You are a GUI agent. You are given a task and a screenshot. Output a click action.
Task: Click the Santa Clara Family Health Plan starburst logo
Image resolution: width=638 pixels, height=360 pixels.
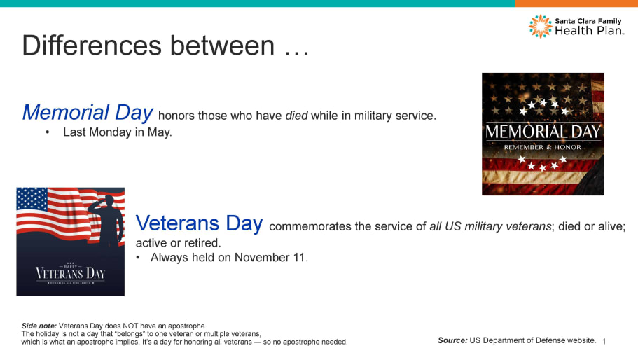(x=541, y=27)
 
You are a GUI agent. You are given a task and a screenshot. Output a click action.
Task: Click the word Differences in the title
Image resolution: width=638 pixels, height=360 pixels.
(x=92, y=45)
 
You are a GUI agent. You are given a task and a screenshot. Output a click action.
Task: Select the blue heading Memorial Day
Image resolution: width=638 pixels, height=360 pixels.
(x=88, y=113)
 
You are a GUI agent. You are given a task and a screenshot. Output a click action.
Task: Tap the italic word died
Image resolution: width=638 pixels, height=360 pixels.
(x=296, y=116)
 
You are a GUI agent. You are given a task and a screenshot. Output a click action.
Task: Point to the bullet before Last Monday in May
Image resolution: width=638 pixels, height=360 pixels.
(x=48, y=132)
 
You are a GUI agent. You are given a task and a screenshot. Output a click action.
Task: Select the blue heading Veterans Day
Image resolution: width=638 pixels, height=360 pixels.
(x=199, y=223)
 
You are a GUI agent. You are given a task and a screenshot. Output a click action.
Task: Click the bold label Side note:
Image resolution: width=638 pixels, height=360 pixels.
(x=39, y=326)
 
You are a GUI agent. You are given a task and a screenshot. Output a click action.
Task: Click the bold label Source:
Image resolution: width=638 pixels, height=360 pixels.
(x=452, y=340)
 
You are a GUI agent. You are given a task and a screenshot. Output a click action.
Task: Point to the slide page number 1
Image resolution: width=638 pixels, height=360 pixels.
(x=604, y=342)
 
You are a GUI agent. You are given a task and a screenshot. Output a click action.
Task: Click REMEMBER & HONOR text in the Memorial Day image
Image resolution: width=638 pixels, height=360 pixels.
(x=543, y=147)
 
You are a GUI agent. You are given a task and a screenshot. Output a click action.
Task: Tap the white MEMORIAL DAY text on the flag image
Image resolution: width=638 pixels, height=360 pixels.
(x=543, y=132)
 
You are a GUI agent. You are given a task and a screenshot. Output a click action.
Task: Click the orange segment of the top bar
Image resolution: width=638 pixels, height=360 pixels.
(x=576, y=4)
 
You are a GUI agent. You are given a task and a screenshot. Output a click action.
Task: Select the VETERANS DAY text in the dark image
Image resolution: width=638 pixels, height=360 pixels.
(x=71, y=273)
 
